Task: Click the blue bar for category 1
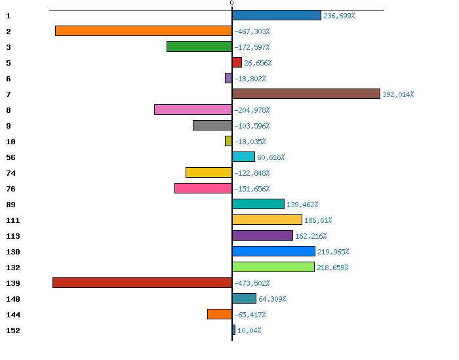coord(276,15)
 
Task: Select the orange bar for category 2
coord(143,31)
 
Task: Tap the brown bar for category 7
coord(306,94)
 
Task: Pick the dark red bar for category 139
coord(142,283)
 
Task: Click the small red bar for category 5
coord(237,62)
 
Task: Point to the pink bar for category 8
coord(193,110)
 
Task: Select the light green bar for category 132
coord(273,267)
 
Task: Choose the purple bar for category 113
coord(262,235)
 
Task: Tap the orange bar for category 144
coord(219,314)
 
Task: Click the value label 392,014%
coord(398,94)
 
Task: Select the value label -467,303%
coord(252,31)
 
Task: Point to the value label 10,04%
coord(249,330)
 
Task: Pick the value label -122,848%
coord(252,173)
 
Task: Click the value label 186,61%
coord(318,220)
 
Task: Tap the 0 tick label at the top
coord(231,3)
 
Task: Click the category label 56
coord(10,157)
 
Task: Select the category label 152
coord(13,330)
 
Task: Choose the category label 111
coord(13,220)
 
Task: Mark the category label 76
coord(10,189)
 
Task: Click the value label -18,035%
coord(250,142)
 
